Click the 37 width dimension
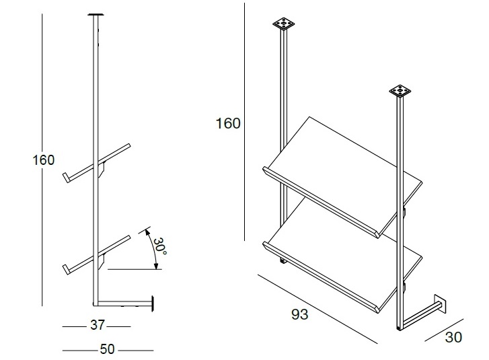pos(97,325)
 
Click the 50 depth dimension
pos(107,349)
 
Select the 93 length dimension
pos(300,314)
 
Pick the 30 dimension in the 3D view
pos(453,337)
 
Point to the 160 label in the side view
pos(44,160)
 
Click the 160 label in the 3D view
pos(228,123)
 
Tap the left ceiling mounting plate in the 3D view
pos(283,24)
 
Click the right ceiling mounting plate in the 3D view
pos(400,91)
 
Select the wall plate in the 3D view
pos(441,303)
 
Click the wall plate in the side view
pos(153,303)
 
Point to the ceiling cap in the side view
pos(96,14)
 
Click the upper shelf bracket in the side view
pos(102,169)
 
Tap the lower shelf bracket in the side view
pos(102,262)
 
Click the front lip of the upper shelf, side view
pos(66,177)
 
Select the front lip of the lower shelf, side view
pos(66,270)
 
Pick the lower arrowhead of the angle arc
pos(157,266)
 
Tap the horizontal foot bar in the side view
pos(122,303)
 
